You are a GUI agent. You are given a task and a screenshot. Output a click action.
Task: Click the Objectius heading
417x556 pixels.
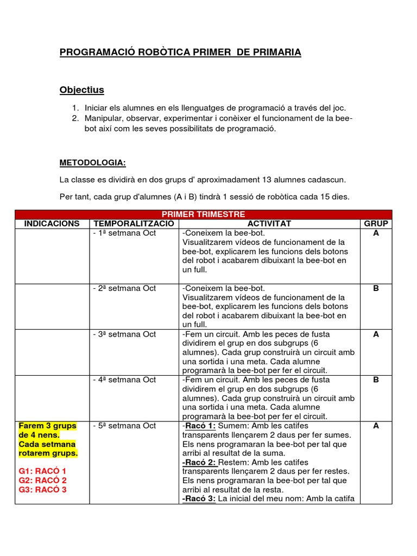point(81,90)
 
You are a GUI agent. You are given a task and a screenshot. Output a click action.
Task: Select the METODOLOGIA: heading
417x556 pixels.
point(92,162)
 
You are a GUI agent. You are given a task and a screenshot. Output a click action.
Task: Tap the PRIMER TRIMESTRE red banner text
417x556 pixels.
point(203,214)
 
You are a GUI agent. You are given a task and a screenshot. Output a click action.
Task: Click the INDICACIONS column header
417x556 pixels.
point(52,224)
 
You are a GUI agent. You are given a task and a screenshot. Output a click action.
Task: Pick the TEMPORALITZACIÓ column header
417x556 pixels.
point(134,224)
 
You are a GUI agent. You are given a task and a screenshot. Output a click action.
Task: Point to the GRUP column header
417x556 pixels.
point(376,224)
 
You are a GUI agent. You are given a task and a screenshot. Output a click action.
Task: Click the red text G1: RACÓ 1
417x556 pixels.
point(42,471)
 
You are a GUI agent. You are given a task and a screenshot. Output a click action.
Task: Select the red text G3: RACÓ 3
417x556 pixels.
point(42,490)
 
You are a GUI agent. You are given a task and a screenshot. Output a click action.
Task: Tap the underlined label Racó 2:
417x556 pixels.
point(199,462)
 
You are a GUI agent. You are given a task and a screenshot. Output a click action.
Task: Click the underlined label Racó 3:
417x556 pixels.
point(199,498)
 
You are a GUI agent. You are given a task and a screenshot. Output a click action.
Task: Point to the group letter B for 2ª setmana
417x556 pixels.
point(376,288)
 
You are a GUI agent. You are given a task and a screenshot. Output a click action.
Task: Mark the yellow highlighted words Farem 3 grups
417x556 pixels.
point(48,426)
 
